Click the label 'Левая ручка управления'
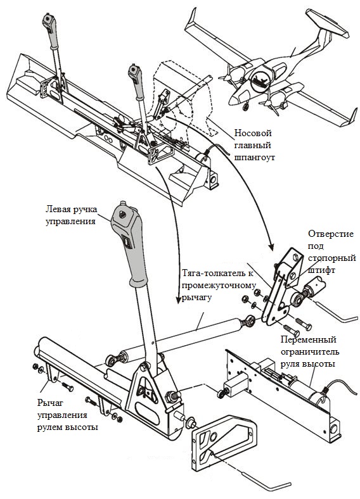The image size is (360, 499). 70,215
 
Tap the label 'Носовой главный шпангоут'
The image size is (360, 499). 254,145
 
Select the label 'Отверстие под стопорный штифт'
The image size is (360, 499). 331,252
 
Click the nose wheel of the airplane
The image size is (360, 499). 245,107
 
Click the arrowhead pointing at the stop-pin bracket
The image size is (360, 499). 271,246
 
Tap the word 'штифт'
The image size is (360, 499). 321,270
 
